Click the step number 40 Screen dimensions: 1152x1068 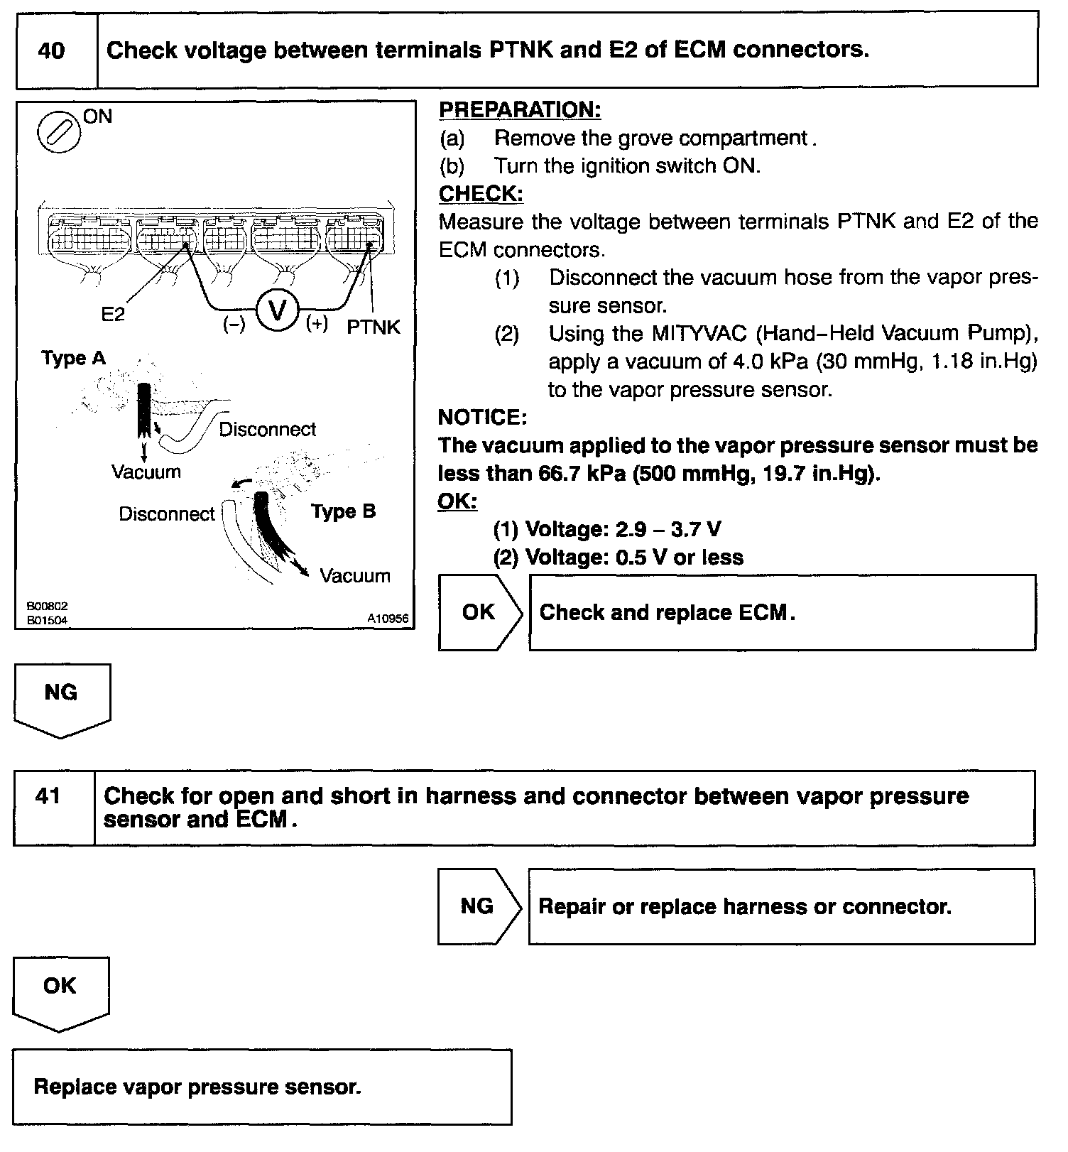(x=51, y=51)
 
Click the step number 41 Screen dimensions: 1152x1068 (x=48, y=796)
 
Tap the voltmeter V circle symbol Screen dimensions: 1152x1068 (x=278, y=311)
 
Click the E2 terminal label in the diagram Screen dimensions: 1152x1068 (x=113, y=314)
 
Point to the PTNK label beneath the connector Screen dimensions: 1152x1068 (x=374, y=327)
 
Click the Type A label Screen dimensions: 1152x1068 (x=73, y=358)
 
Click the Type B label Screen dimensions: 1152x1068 (x=344, y=511)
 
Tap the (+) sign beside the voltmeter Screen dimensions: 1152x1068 (x=317, y=324)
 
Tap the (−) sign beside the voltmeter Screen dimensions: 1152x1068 (x=234, y=325)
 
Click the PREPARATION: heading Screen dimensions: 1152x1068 (x=520, y=110)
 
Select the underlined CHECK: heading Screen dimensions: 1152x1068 (x=481, y=194)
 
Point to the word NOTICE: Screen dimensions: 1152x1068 (x=482, y=417)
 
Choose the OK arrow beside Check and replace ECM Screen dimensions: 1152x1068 (x=479, y=612)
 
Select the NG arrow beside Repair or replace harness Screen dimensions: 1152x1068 (x=478, y=906)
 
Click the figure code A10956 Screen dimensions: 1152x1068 (x=388, y=619)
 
